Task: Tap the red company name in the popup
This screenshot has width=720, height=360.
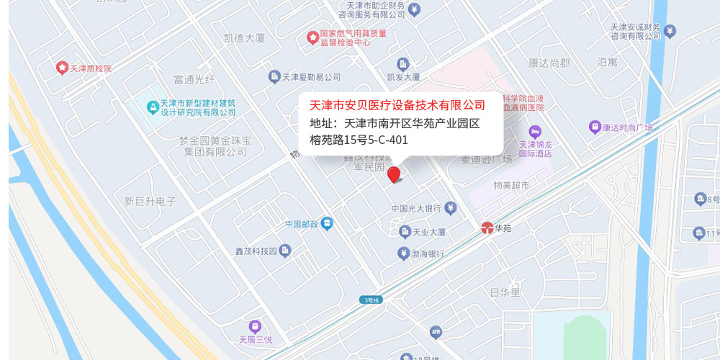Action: pyautogui.click(x=397, y=105)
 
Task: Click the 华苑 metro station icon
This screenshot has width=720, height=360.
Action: pyautogui.click(x=487, y=228)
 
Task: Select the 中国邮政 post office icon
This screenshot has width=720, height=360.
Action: pyautogui.click(x=327, y=224)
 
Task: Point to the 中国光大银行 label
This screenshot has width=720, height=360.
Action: pyautogui.click(x=415, y=209)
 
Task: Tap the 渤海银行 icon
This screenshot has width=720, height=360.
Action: pyautogui.click(x=403, y=253)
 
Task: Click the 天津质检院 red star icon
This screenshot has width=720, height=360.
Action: pyautogui.click(x=62, y=68)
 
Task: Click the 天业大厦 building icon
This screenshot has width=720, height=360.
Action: pyautogui.click(x=404, y=232)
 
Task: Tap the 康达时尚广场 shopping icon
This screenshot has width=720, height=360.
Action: pyautogui.click(x=595, y=127)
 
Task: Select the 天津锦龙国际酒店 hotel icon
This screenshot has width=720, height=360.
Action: pyautogui.click(x=534, y=132)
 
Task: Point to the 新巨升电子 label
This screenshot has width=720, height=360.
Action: pyautogui.click(x=150, y=202)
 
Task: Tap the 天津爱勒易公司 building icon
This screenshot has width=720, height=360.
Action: pyautogui.click(x=274, y=76)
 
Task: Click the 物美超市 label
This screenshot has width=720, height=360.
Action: pyautogui.click(x=511, y=186)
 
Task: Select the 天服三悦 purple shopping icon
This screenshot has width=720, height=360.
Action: pyautogui.click(x=254, y=327)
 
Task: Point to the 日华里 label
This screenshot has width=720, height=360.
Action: pyautogui.click(x=505, y=292)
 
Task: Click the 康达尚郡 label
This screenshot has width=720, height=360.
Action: pyautogui.click(x=549, y=63)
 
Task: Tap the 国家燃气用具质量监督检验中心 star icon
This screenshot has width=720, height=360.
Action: pyautogui.click(x=312, y=36)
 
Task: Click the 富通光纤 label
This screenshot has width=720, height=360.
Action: pyautogui.click(x=194, y=78)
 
